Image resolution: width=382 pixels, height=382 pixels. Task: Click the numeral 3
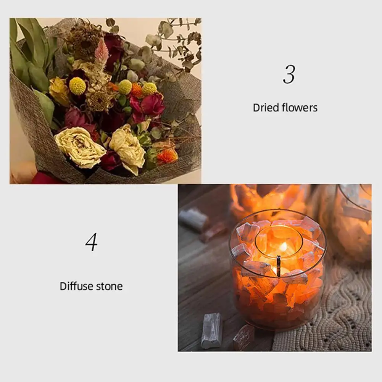(289, 75)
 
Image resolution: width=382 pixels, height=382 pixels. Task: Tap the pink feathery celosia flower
(102, 53)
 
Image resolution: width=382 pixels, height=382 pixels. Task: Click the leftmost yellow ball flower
(78, 86)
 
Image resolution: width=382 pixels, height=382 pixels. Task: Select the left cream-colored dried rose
(79, 147)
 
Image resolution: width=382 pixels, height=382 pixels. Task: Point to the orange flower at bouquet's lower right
(167, 155)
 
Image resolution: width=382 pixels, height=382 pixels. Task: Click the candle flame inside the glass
(283, 247)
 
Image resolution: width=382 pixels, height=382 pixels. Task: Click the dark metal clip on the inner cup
(279, 266)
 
